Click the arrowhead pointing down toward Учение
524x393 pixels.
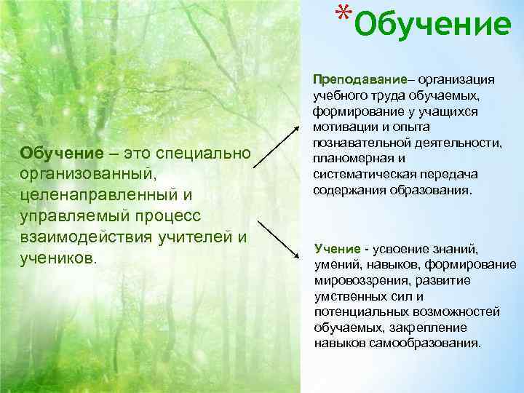[x=298, y=255]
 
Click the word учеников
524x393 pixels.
[x=58, y=258]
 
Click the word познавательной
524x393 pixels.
[x=356, y=143]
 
